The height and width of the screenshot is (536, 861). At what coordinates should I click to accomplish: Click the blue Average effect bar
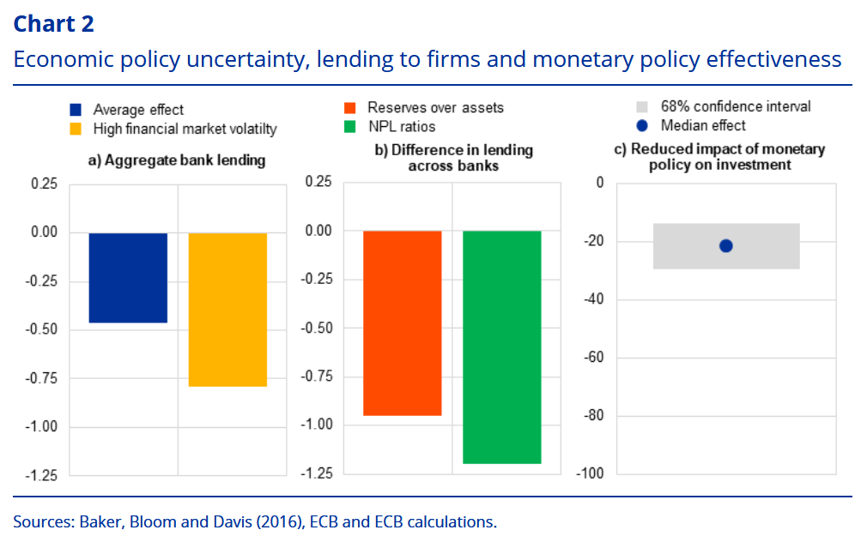[128, 278]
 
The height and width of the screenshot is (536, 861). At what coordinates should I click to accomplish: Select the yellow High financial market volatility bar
[227, 310]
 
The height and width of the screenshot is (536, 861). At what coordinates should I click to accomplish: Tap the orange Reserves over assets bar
[402, 323]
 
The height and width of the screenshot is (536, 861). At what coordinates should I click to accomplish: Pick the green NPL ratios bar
[501, 347]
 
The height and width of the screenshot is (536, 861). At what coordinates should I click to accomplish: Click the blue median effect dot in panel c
[725, 246]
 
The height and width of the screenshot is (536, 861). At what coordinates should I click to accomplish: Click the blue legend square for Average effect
[76, 110]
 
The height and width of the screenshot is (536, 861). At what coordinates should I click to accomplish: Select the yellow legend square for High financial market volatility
[76, 129]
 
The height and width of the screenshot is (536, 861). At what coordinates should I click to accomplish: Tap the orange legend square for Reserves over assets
[349, 108]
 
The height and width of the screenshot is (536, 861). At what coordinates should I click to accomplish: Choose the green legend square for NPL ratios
[349, 127]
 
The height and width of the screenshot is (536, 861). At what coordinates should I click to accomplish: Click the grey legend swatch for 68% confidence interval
[640, 107]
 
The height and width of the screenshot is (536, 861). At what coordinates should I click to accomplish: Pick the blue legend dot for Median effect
[640, 126]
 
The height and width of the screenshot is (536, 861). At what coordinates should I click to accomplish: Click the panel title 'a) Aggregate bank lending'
[177, 160]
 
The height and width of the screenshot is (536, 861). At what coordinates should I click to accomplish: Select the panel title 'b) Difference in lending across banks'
[454, 158]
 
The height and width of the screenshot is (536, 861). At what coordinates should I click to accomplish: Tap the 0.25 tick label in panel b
[319, 184]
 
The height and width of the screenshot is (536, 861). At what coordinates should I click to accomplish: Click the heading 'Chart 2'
[54, 24]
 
